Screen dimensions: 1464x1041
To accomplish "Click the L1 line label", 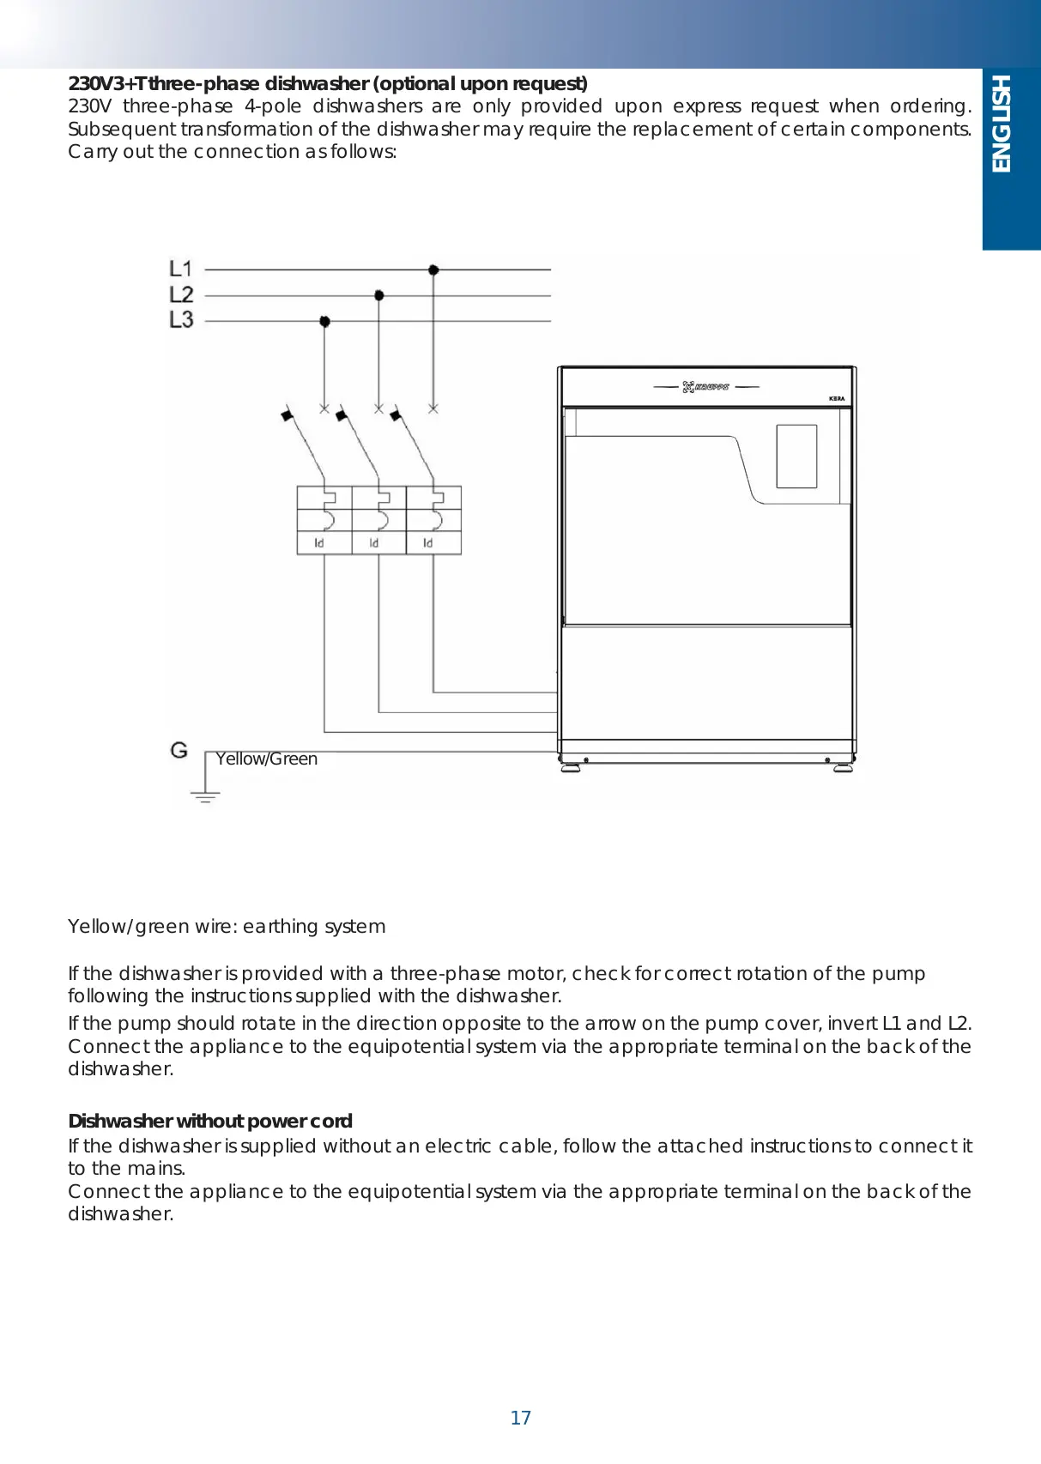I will [x=181, y=269].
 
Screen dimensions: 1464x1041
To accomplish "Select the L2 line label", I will [x=181, y=294].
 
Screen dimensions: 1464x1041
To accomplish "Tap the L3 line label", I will [x=181, y=319].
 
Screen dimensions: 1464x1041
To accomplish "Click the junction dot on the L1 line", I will [x=433, y=269].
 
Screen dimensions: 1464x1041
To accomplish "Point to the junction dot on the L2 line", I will [x=379, y=295].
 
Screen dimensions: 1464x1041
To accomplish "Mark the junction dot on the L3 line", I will [x=324, y=321].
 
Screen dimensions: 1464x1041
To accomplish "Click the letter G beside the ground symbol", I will [x=179, y=750].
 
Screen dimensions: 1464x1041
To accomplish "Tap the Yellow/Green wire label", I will [x=266, y=759].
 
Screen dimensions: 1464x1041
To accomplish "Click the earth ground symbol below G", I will [x=205, y=795].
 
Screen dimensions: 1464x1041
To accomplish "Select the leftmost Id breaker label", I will [x=319, y=543].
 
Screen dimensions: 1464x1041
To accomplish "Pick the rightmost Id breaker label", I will [x=428, y=543].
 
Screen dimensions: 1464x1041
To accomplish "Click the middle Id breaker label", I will [x=374, y=543].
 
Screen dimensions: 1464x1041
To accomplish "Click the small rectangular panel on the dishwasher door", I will [x=796, y=457].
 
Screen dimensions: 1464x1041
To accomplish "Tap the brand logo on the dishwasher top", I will [x=705, y=387].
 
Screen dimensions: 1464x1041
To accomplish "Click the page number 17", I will [x=521, y=1418].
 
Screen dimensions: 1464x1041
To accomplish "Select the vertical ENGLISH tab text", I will [x=1002, y=124].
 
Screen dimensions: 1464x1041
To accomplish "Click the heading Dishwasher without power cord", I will [x=210, y=1121].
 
